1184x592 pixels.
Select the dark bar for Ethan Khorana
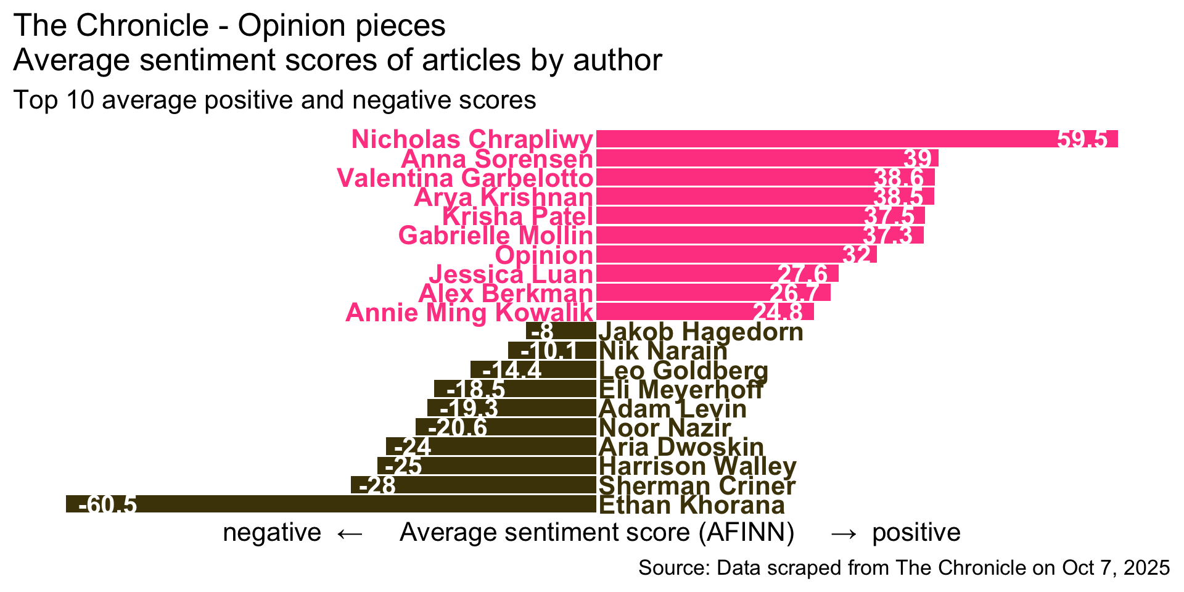coord(331,504)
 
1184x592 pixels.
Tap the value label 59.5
coord(1082,139)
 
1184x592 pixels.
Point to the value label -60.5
coord(107,505)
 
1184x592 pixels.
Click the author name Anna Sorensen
coord(497,159)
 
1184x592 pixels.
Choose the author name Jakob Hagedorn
coord(701,332)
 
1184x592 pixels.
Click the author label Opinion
coord(544,255)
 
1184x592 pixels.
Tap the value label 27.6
coord(803,274)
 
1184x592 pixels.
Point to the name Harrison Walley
coord(697,466)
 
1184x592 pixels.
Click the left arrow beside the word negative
coord(350,533)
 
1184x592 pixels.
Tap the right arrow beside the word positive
coord(844,533)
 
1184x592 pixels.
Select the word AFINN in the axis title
coord(746,532)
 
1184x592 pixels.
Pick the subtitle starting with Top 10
coord(274,100)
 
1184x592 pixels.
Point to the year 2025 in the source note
coord(1148,568)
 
